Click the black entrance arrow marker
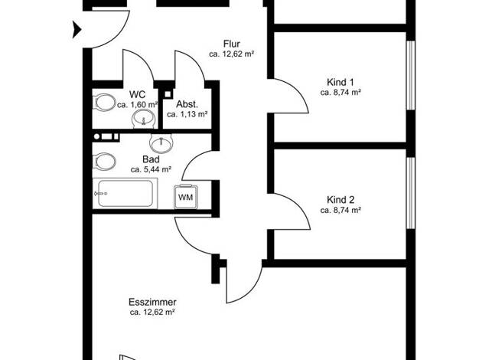tap(77, 30)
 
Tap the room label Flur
tap(232, 44)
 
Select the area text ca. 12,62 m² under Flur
tap(232, 54)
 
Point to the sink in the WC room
tap(143, 119)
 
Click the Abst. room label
tap(187, 104)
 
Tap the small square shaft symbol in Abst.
tap(168, 94)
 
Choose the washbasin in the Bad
tap(161, 142)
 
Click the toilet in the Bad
tap(104, 161)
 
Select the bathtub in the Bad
tap(125, 193)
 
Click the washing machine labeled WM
tap(185, 197)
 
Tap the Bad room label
tap(151, 159)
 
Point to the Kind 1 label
tap(341, 82)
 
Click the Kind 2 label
tap(341, 200)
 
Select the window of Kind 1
tap(411, 75)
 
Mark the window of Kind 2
tap(411, 193)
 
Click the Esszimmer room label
tap(152, 303)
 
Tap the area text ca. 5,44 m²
tap(151, 169)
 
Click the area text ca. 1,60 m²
tap(138, 105)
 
